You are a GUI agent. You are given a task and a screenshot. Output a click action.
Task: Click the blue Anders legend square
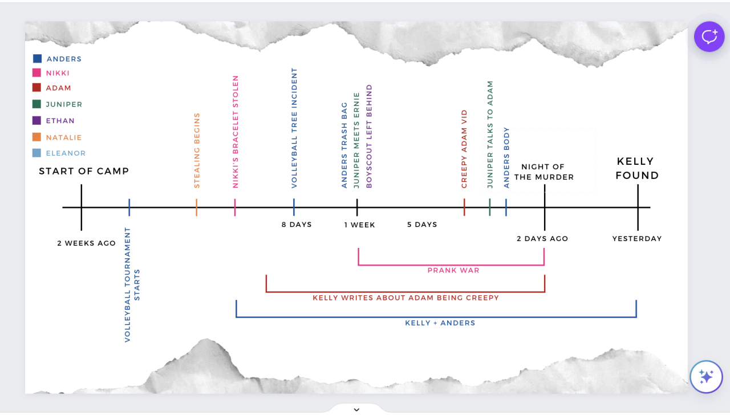coord(37,58)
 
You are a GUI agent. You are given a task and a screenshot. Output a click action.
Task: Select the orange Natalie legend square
coord(37,137)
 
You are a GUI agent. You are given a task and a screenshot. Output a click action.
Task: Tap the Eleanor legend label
coord(66,153)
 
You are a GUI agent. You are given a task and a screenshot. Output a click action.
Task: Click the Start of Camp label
coord(84,171)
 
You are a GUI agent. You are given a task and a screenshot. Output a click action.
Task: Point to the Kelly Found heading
coord(637,168)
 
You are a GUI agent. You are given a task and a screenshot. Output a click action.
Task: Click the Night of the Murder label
coord(543,172)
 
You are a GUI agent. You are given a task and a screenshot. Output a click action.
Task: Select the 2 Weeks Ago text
coord(86,243)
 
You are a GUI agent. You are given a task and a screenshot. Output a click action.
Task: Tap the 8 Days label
coord(297,225)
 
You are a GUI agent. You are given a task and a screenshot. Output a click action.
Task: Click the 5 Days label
coord(422,225)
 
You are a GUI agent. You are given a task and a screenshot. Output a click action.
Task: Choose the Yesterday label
coord(637,239)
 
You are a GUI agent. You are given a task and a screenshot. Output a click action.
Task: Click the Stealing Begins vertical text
coord(197,150)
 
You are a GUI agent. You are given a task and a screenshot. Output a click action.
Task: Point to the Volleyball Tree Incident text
coord(294,128)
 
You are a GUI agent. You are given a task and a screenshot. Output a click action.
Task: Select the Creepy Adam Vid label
coord(464,149)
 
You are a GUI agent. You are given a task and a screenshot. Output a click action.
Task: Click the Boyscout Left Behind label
coord(369,136)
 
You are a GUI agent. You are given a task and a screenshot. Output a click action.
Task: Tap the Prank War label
coord(453,270)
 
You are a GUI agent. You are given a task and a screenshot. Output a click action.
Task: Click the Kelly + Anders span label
coord(440,323)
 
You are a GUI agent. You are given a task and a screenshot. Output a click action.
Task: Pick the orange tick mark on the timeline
coord(196,207)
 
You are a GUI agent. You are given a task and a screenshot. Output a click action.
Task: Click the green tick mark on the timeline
coord(489,207)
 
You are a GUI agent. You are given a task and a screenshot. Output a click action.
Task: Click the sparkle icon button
coord(706,377)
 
